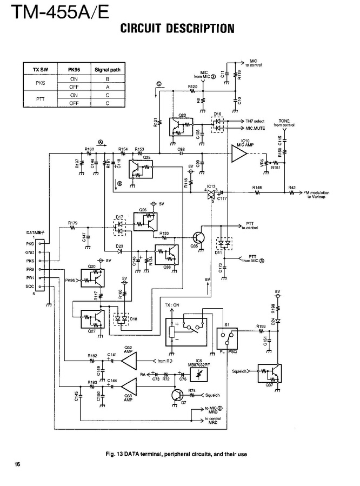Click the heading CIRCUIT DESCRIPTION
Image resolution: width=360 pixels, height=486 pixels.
(177, 28)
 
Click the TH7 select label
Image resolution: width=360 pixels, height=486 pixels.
(254, 121)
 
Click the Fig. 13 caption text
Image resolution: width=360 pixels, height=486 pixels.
(177, 454)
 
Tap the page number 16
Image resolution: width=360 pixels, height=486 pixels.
(17, 464)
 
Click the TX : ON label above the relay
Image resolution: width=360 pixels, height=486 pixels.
(174, 306)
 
